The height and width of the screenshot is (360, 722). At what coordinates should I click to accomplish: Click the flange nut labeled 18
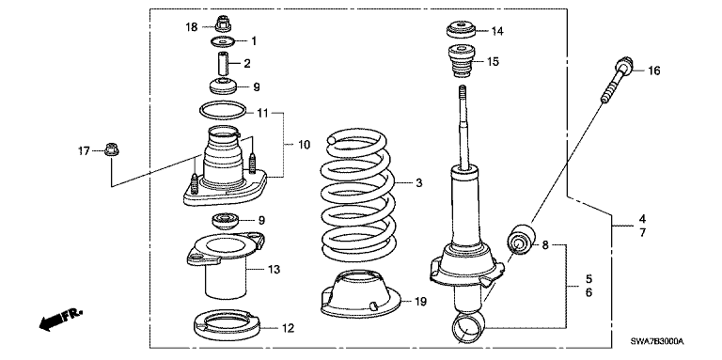pyautogui.click(x=223, y=23)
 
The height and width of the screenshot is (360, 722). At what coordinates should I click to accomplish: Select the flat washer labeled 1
pyautogui.click(x=223, y=42)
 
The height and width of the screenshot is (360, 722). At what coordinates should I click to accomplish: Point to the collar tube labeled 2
pyautogui.click(x=223, y=65)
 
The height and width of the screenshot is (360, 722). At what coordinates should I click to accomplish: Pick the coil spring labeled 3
pyautogui.click(x=357, y=197)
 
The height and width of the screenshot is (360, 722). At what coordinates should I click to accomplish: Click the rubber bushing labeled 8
pyautogui.click(x=522, y=238)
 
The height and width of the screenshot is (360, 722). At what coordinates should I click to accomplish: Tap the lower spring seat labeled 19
pyautogui.click(x=360, y=295)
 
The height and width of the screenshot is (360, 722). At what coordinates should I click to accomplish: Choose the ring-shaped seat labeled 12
pyautogui.click(x=226, y=324)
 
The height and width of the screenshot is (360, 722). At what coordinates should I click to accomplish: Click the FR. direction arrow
pyautogui.click(x=60, y=319)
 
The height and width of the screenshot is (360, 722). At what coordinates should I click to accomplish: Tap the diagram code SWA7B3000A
pyautogui.click(x=657, y=342)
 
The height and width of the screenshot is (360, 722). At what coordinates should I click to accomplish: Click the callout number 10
pyautogui.click(x=304, y=145)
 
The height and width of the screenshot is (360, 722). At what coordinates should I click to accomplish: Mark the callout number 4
pyautogui.click(x=643, y=218)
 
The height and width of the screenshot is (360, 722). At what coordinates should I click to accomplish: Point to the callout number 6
pyautogui.click(x=589, y=292)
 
